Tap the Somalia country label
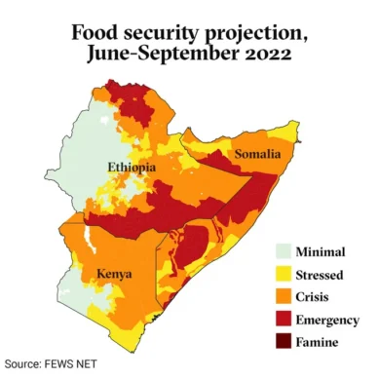coord(256,154)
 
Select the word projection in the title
coord(253,32)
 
